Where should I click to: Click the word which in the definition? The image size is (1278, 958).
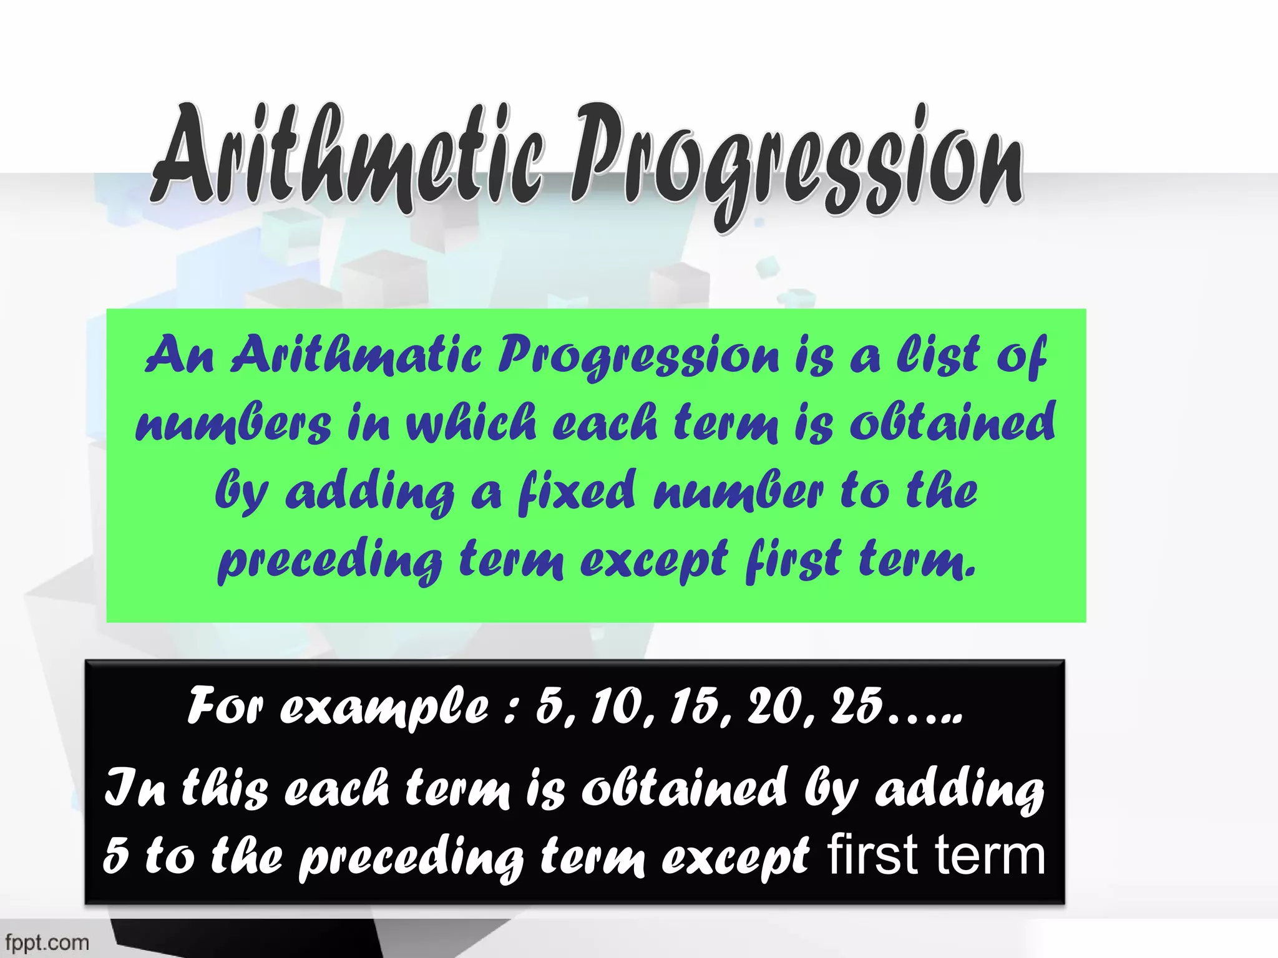(472, 423)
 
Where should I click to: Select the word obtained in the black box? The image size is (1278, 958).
(683, 788)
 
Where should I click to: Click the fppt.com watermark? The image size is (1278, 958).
(47, 942)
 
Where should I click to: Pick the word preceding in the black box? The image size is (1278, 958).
(411, 859)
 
